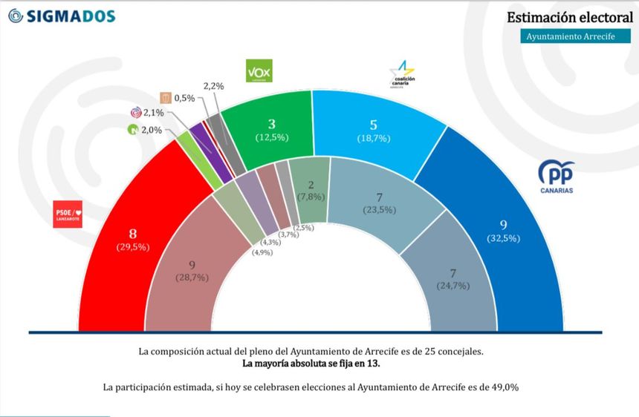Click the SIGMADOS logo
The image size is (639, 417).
pyautogui.click(x=61, y=16)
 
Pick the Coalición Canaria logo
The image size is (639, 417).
pyautogui.click(x=403, y=74)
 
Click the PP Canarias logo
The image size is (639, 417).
pyautogui.click(x=556, y=177)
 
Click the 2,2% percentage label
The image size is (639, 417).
pyautogui.click(x=213, y=86)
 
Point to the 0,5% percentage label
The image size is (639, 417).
pyautogui.click(x=184, y=98)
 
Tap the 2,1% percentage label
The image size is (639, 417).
pyautogui.click(x=153, y=113)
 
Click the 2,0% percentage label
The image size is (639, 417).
pyautogui.click(x=152, y=129)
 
